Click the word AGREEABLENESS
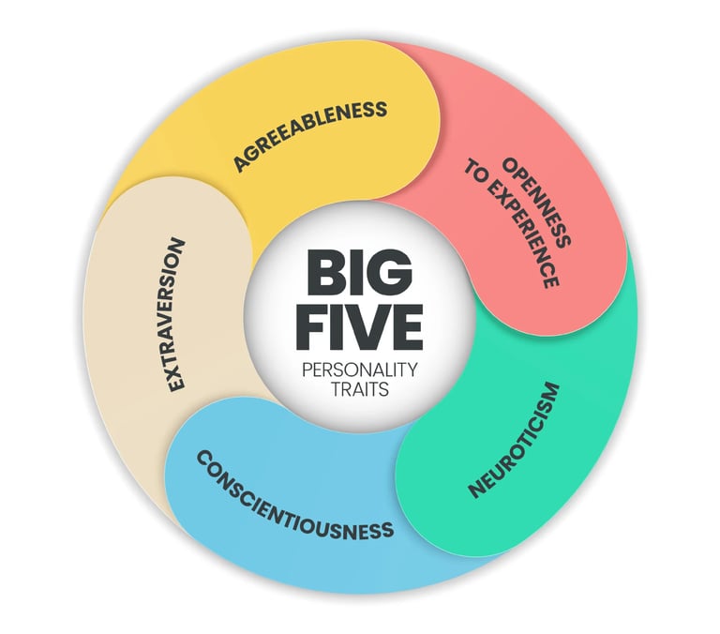click(310, 136)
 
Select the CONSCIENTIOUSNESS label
click(293, 493)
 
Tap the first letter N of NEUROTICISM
click(476, 491)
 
